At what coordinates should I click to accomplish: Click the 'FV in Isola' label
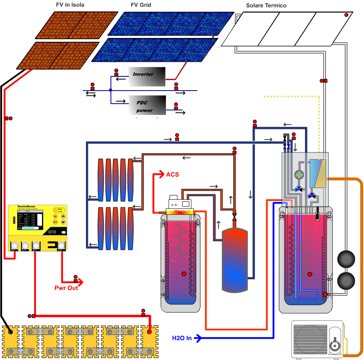tap(70, 5)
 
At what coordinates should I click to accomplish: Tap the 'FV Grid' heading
tap(141, 5)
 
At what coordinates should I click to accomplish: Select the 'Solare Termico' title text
tap(266, 6)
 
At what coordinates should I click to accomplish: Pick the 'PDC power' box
tap(147, 105)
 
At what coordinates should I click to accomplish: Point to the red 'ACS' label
tap(173, 174)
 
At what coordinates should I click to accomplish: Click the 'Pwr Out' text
tap(66, 288)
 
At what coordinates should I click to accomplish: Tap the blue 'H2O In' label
tap(182, 338)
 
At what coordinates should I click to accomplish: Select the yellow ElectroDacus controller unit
tap(37, 228)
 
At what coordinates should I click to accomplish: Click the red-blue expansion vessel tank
tap(234, 259)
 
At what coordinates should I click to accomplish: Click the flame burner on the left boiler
tap(180, 212)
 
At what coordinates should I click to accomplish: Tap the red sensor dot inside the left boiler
tap(183, 274)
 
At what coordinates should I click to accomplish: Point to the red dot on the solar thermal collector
tap(346, 15)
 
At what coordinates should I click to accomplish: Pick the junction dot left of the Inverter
tap(111, 90)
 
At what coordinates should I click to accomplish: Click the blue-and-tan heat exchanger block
tap(317, 174)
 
